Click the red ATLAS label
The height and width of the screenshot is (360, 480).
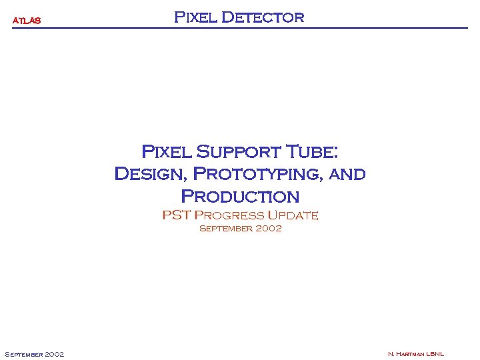[x=27, y=21]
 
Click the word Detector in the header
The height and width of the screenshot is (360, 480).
[x=262, y=17]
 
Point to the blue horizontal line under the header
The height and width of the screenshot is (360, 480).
[x=240, y=28]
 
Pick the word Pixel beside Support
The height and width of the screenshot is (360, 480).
[x=167, y=152]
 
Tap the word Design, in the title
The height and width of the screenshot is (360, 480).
[x=151, y=175]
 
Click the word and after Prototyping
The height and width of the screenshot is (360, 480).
[x=347, y=175]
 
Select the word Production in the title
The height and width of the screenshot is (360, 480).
[x=240, y=197]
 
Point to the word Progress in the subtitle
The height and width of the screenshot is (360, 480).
[x=229, y=215]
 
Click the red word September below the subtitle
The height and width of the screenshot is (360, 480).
[x=224, y=229]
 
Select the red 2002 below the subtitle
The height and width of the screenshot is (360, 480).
[x=267, y=229]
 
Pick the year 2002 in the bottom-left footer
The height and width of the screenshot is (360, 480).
[x=54, y=354]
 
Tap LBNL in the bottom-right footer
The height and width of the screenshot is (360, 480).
[x=435, y=354]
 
